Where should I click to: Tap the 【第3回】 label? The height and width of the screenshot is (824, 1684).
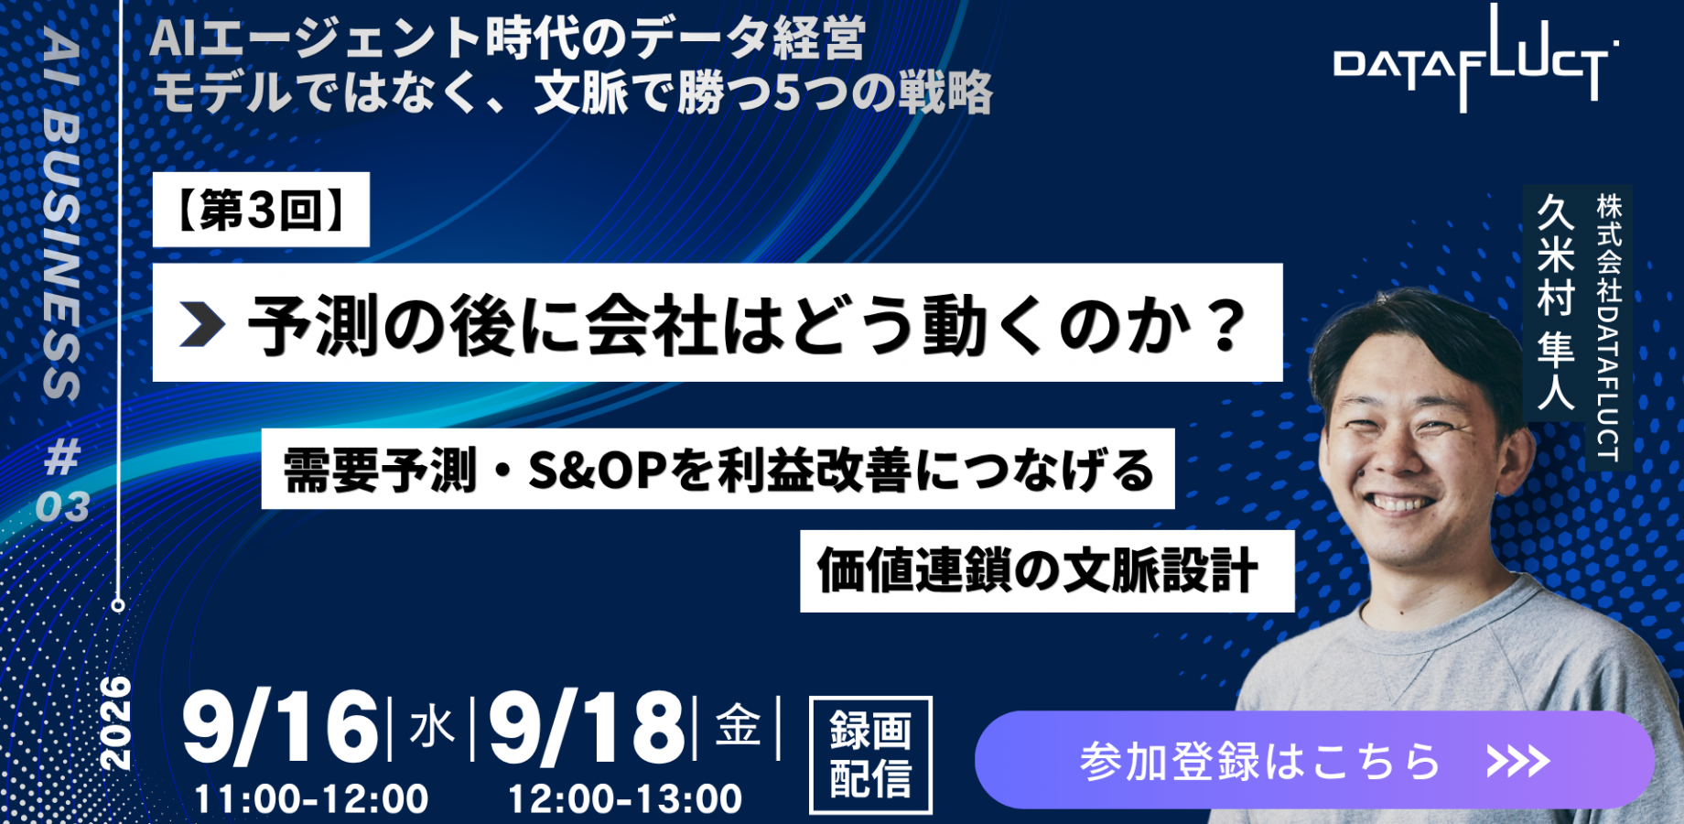click(x=261, y=210)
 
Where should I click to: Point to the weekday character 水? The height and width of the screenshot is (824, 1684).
click(x=432, y=728)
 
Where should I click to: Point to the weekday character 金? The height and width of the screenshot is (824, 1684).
click(x=738, y=726)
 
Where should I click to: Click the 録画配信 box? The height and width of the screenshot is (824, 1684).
click(x=870, y=755)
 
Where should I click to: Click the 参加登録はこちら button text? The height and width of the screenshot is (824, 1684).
click(x=1260, y=761)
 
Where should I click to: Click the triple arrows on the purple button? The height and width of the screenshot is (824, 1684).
click(x=1517, y=761)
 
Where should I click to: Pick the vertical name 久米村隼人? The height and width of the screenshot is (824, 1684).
click(x=1555, y=302)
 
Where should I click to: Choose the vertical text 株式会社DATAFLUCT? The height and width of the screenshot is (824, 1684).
click(x=1608, y=327)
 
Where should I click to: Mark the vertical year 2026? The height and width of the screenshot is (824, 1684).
click(x=116, y=723)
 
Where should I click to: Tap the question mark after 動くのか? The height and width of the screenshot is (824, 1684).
click(x=1226, y=324)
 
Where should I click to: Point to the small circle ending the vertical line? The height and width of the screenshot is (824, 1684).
click(x=118, y=605)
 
